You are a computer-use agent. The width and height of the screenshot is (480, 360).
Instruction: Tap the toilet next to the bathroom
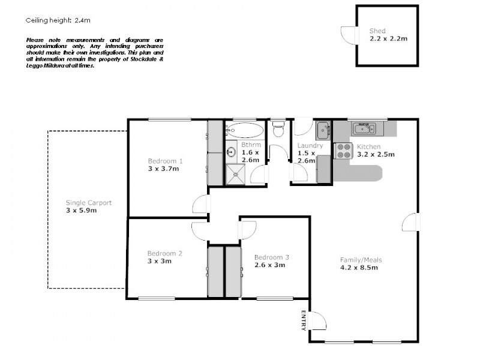(x=278, y=130)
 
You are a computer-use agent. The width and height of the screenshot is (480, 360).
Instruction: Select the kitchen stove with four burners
(x=344, y=151)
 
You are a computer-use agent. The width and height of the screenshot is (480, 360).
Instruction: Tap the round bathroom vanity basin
(x=232, y=151)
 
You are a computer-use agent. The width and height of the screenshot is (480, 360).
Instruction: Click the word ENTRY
(x=304, y=320)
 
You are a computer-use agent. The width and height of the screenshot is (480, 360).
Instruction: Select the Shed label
(x=377, y=31)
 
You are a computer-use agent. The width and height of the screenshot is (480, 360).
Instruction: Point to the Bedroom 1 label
(x=165, y=161)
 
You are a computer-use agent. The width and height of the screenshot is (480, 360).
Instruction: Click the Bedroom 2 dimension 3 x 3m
(x=160, y=261)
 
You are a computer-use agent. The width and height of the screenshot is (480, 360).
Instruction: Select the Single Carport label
(x=88, y=203)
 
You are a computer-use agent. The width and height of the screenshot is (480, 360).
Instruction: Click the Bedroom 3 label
(x=271, y=257)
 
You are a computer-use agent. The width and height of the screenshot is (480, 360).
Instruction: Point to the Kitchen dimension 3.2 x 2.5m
(x=376, y=154)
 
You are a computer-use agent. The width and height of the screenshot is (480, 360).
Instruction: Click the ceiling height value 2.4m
(x=82, y=20)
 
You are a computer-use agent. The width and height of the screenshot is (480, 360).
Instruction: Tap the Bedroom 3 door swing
(x=248, y=230)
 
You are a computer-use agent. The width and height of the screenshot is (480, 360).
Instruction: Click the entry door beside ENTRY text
(x=319, y=321)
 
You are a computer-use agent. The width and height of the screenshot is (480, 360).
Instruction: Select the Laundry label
(x=310, y=145)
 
